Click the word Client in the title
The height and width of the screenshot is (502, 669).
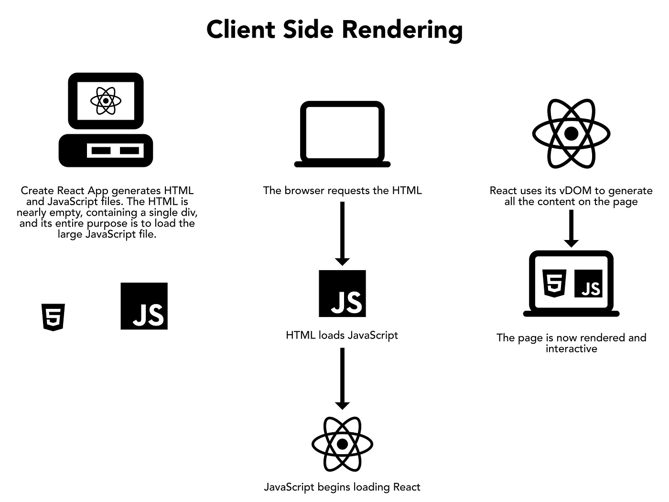click(x=240, y=29)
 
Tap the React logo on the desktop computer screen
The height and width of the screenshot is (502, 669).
click(x=106, y=101)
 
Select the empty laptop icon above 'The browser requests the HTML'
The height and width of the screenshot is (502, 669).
click(x=342, y=134)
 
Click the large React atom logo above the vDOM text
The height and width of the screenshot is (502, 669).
click(x=571, y=133)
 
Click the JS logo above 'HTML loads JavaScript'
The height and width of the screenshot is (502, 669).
click(x=342, y=294)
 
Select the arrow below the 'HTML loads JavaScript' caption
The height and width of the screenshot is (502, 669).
click(x=342, y=378)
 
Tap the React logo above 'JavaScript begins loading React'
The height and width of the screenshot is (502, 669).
click(x=342, y=444)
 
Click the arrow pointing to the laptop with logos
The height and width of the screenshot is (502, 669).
click(x=571, y=229)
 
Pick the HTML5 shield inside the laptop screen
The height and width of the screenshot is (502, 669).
click(x=555, y=284)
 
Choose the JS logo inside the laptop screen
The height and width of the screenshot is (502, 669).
click(x=588, y=283)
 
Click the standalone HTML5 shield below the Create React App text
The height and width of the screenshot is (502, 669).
click(x=53, y=317)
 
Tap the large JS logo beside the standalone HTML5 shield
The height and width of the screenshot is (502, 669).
click(x=144, y=306)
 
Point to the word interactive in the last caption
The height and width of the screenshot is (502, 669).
click(x=571, y=349)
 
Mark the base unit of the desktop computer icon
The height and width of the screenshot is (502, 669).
click(x=106, y=151)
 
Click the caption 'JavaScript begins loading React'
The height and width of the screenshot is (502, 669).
click(x=342, y=487)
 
